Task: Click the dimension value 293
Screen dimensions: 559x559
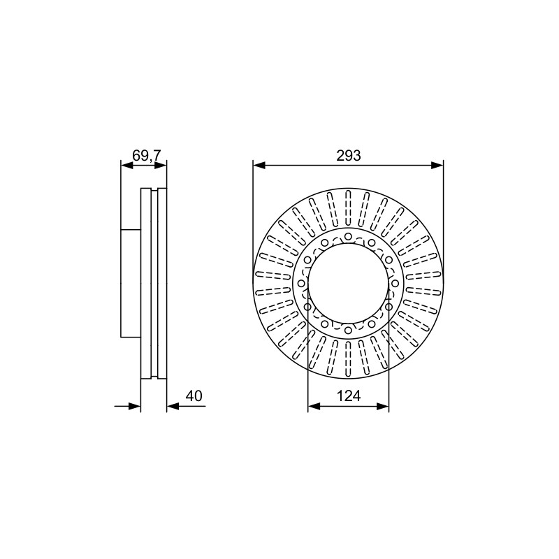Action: point(348,156)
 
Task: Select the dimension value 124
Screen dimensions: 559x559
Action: point(348,396)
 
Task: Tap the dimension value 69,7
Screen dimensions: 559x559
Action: point(147,156)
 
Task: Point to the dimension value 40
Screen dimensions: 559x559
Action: point(194,396)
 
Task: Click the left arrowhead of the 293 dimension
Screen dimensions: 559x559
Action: point(259,165)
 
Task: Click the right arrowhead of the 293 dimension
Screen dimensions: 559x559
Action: point(437,165)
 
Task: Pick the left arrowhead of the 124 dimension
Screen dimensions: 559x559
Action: point(314,406)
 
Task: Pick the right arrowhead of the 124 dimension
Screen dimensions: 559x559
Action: point(382,406)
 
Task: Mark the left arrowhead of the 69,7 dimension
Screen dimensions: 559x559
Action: point(127,165)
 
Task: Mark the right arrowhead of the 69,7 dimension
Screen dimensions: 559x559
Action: point(161,165)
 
